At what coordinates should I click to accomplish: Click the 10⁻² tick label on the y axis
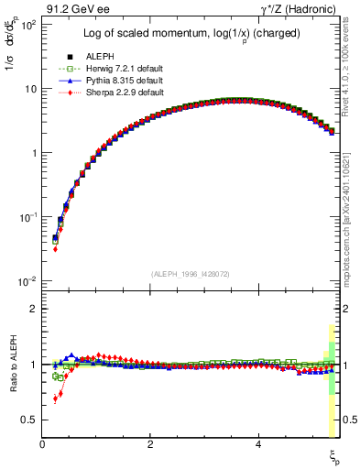point(26,280)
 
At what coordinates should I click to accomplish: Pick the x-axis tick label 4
point(258,444)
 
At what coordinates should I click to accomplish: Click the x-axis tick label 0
point(42,444)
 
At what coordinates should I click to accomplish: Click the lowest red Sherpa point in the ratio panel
point(55,399)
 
